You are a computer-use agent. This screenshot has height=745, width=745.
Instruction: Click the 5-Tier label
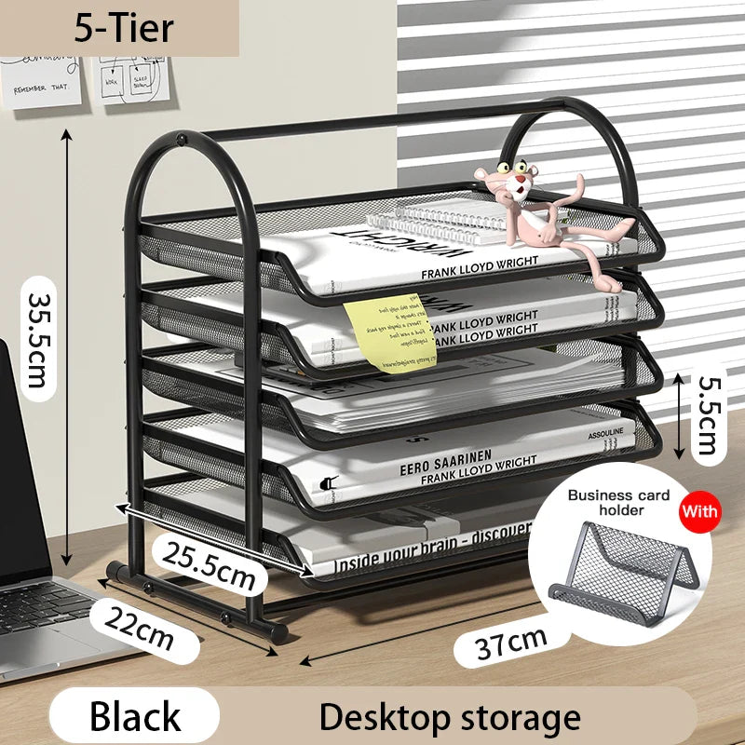[x=124, y=28]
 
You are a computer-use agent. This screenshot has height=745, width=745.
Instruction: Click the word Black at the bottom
[x=135, y=716]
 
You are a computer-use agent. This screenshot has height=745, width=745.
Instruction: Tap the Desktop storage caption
[x=450, y=717]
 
